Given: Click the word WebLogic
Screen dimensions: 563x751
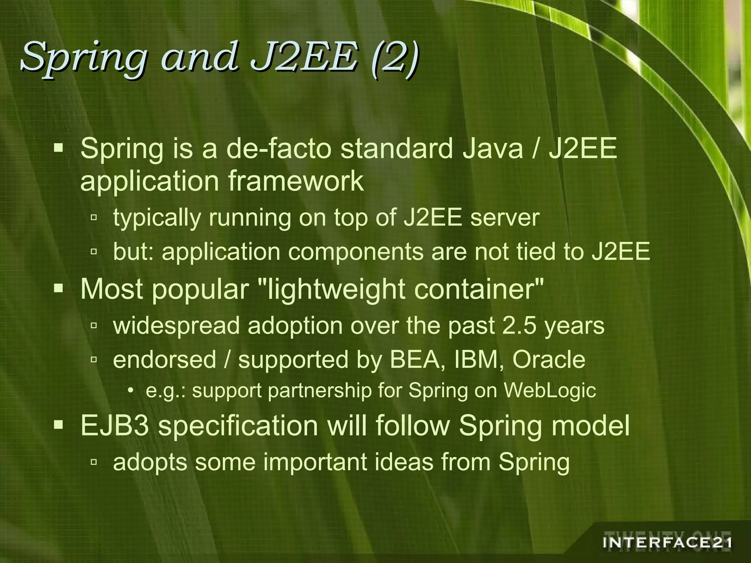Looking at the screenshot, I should [x=550, y=391].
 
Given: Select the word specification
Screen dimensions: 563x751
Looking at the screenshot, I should [x=238, y=426].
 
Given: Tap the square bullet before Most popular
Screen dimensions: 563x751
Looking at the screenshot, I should [x=58, y=289].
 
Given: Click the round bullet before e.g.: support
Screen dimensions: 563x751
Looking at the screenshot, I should [x=131, y=391].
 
